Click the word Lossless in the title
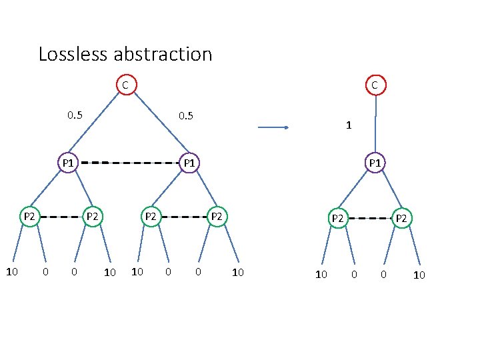pyautogui.click(x=73, y=54)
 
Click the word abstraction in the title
pyautogui.click(x=163, y=54)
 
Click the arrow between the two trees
pyautogui.click(x=273, y=127)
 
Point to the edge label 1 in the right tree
pyautogui.click(x=349, y=125)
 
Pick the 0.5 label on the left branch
pyautogui.click(x=75, y=115)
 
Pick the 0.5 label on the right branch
pyautogui.click(x=186, y=116)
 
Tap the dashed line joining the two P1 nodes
pyautogui.click(x=130, y=163)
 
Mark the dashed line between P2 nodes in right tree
pyautogui.click(x=371, y=218)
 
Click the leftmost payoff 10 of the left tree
pyautogui.click(x=12, y=271)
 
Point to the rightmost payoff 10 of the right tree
pyautogui.click(x=419, y=275)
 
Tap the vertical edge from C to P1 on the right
pyautogui.click(x=375, y=124)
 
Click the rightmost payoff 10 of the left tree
pyautogui.click(x=238, y=272)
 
